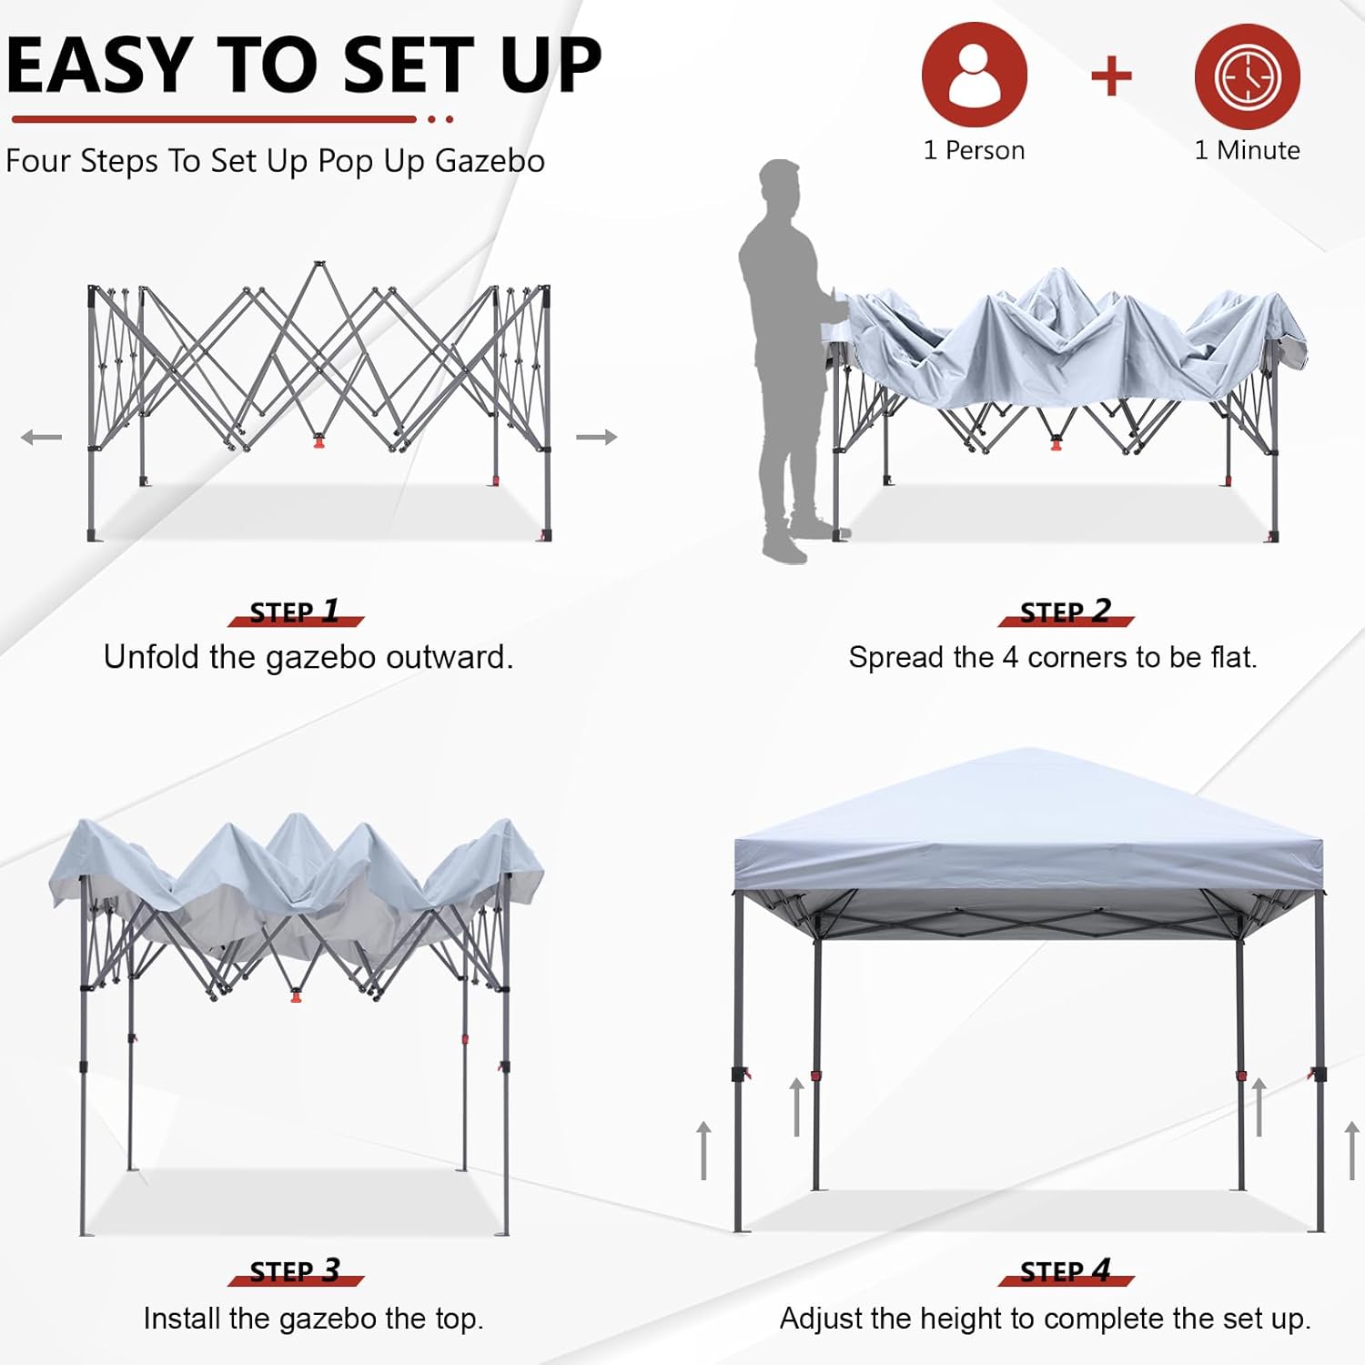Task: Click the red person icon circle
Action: [x=974, y=75]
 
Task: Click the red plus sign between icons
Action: [x=1111, y=76]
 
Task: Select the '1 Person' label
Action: [x=974, y=150]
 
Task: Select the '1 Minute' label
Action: [x=1247, y=150]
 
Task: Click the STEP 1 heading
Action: [x=295, y=612]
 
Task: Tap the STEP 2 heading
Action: [x=1066, y=612]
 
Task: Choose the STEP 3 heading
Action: [x=295, y=1271]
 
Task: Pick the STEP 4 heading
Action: [x=1066, y=1271]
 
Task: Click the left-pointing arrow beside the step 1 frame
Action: [x=41, y=438]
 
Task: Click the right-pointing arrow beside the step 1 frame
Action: [x=597, y=438]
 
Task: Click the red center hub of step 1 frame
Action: [x=318, y=442]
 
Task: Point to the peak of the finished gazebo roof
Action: [x=1028, y=752]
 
